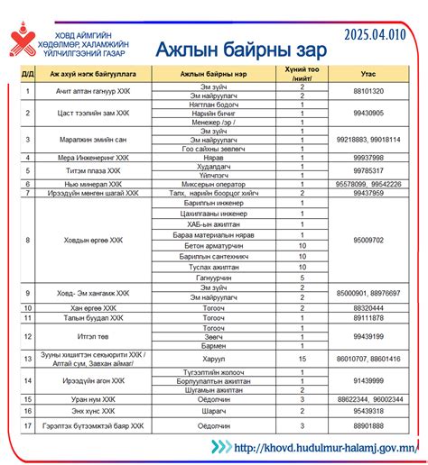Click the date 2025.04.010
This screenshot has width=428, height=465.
[x=378, y=33]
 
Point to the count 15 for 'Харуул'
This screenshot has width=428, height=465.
[x=302, y=359]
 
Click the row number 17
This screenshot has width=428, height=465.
[x=28, y=424]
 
